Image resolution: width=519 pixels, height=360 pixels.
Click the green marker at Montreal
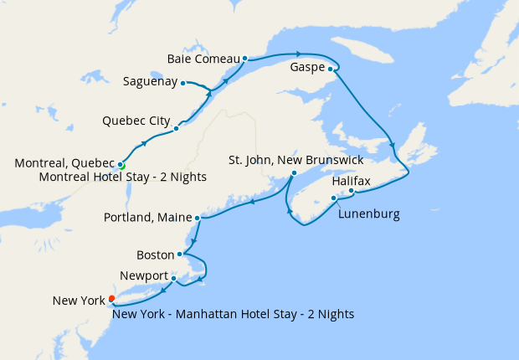pos(122,166)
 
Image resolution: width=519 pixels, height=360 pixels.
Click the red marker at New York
pos(111,299)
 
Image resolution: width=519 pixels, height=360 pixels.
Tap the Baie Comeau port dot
pos(244,59)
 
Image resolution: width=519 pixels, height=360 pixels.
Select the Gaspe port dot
pos(331,69)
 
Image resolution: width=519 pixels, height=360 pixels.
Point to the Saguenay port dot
pos(182,83)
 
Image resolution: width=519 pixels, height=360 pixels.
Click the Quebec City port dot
pos(176,129)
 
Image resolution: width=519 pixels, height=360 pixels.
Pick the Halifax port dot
pos(351,192)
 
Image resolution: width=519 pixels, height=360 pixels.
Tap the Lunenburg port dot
pos(334,198)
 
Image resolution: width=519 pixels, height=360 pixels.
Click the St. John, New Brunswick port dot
pos(293,173)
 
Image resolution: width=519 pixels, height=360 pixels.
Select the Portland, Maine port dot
pos(198,219)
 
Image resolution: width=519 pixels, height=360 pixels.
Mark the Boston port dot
pos(180,254)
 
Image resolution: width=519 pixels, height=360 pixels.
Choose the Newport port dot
pos(173,278)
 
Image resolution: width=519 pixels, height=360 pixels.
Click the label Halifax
pos(351,180)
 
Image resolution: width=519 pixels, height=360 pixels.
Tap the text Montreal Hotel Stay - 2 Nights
pos(122,177)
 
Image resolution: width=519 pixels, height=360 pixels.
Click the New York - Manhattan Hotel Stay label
pos(233,315)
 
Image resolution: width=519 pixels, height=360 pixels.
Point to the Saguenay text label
pos(150,82)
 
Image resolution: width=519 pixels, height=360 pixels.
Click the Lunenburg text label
pos(368,214)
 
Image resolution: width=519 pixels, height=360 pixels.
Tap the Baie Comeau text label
pos(203,59)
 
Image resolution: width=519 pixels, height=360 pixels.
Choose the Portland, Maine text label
pos(146,218)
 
